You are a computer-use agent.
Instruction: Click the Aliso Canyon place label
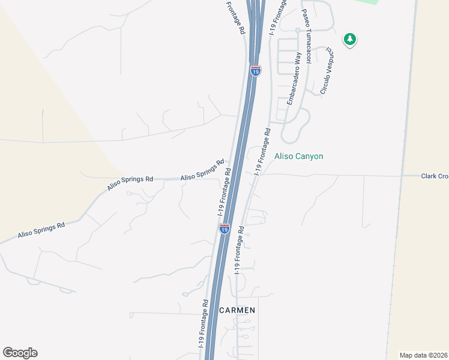[298, 157]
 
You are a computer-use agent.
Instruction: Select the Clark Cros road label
[434, 176]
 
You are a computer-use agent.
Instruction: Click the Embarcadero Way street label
[294, 79]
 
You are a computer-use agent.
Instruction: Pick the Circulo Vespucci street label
[327, 71]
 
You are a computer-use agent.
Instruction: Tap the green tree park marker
[349, 40]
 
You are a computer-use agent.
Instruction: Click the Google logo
[20, 353]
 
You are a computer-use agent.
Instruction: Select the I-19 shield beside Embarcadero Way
[256, 71]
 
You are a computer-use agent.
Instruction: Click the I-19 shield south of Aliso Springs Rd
[224, 229]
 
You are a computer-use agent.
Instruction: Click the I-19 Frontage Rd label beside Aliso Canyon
[262, 151]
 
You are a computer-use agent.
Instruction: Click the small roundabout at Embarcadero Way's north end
[297, 29]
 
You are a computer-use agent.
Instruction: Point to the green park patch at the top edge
[366, 2]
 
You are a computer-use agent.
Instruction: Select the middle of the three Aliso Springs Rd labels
[131, 182]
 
